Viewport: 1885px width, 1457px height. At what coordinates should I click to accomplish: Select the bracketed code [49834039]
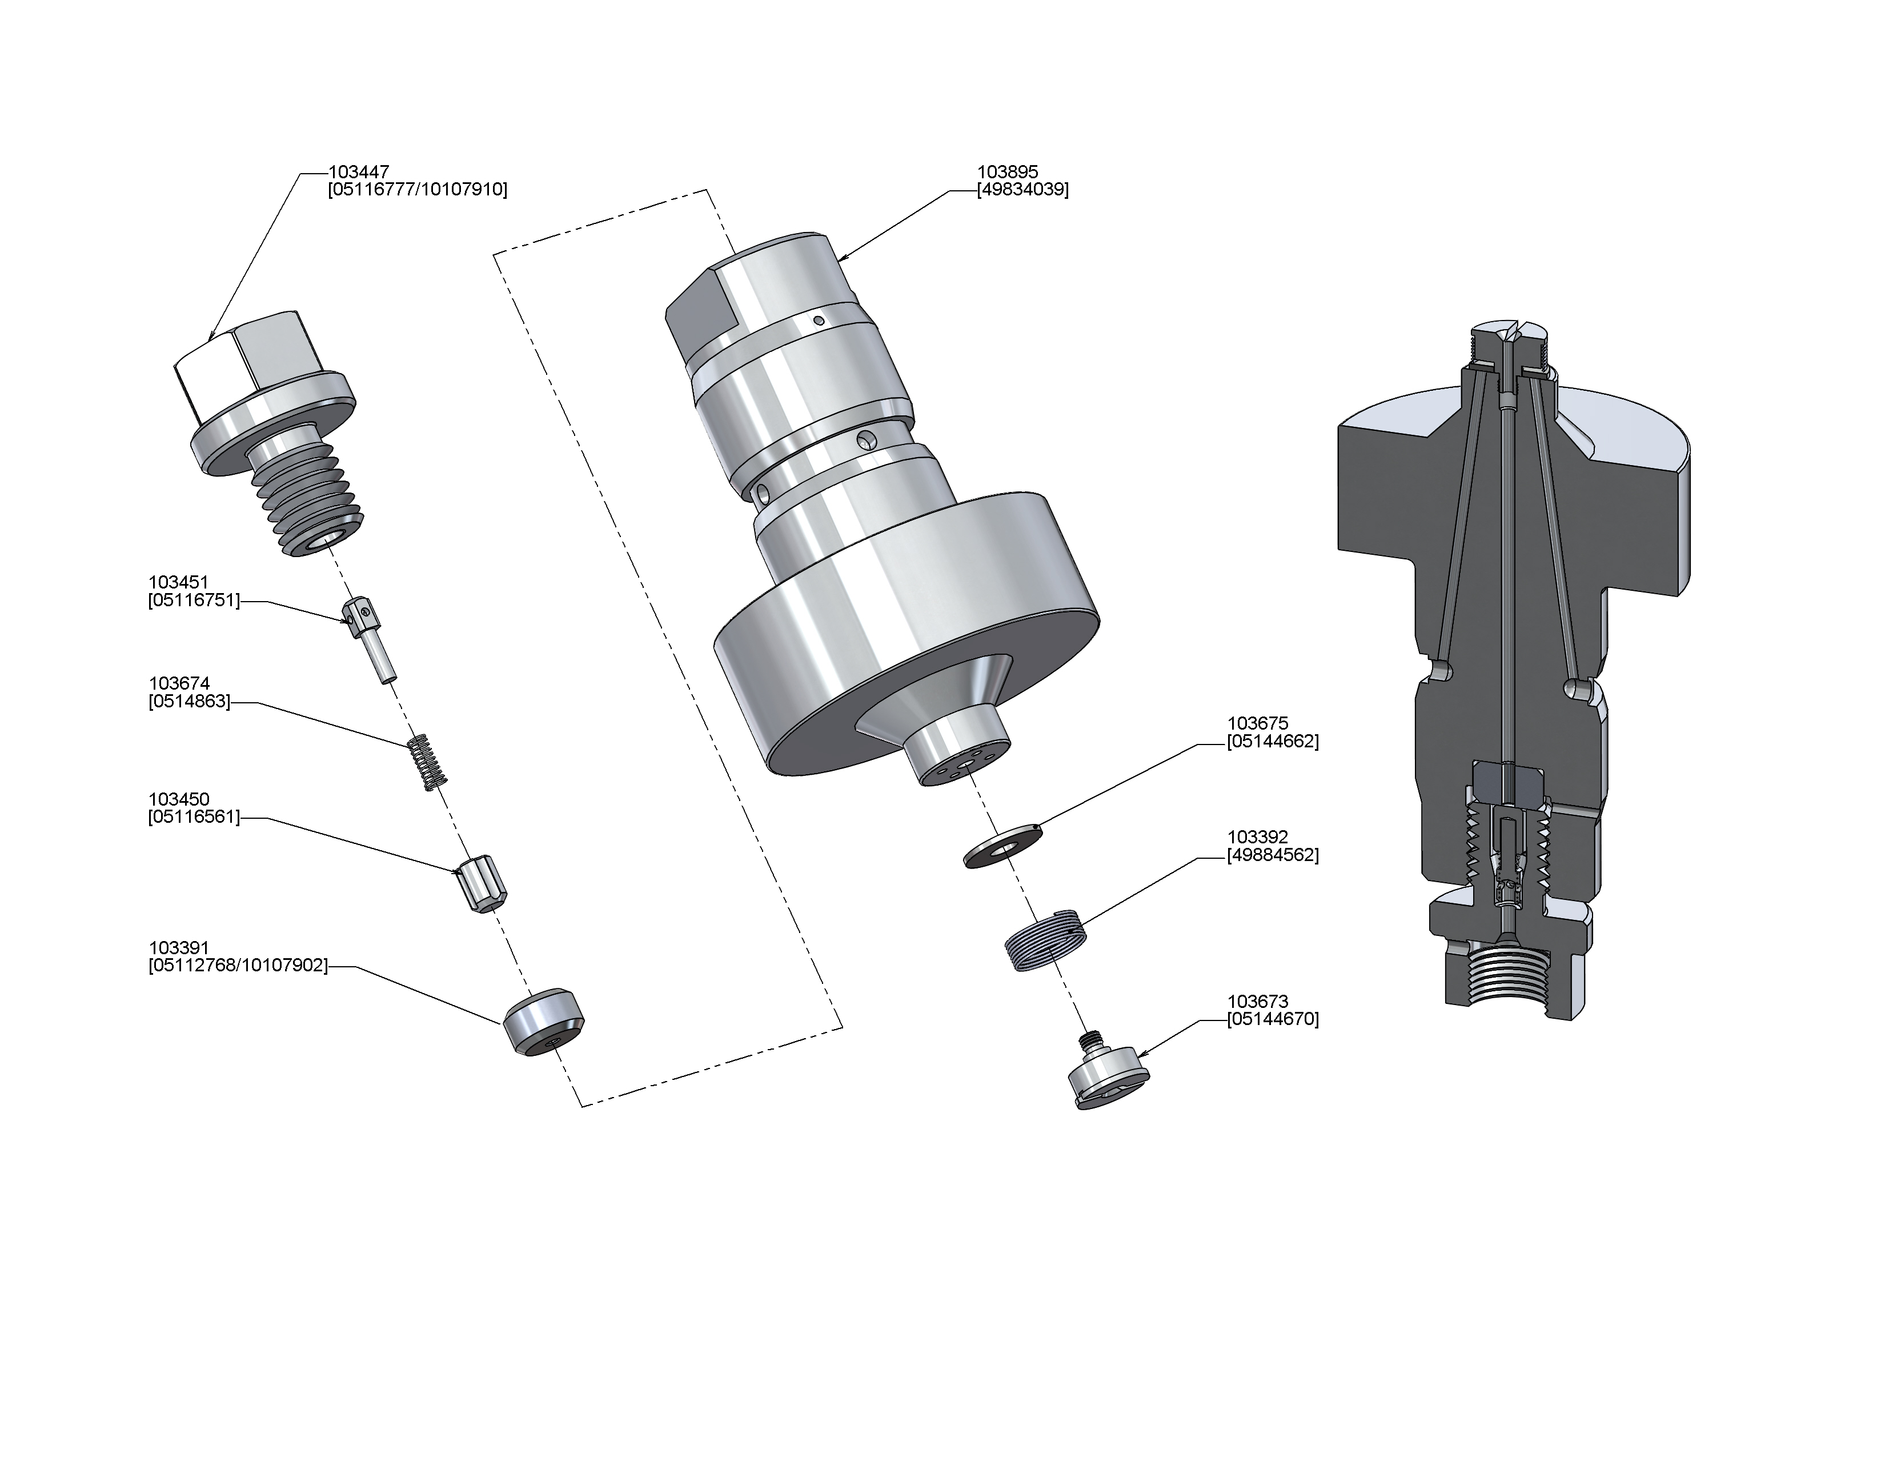1023,190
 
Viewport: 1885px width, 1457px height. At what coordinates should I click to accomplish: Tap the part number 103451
179,583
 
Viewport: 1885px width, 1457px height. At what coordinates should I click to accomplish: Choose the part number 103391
179,948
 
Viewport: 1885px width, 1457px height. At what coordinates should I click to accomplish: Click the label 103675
1258,723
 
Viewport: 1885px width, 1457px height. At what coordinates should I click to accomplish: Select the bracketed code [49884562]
1273,855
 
